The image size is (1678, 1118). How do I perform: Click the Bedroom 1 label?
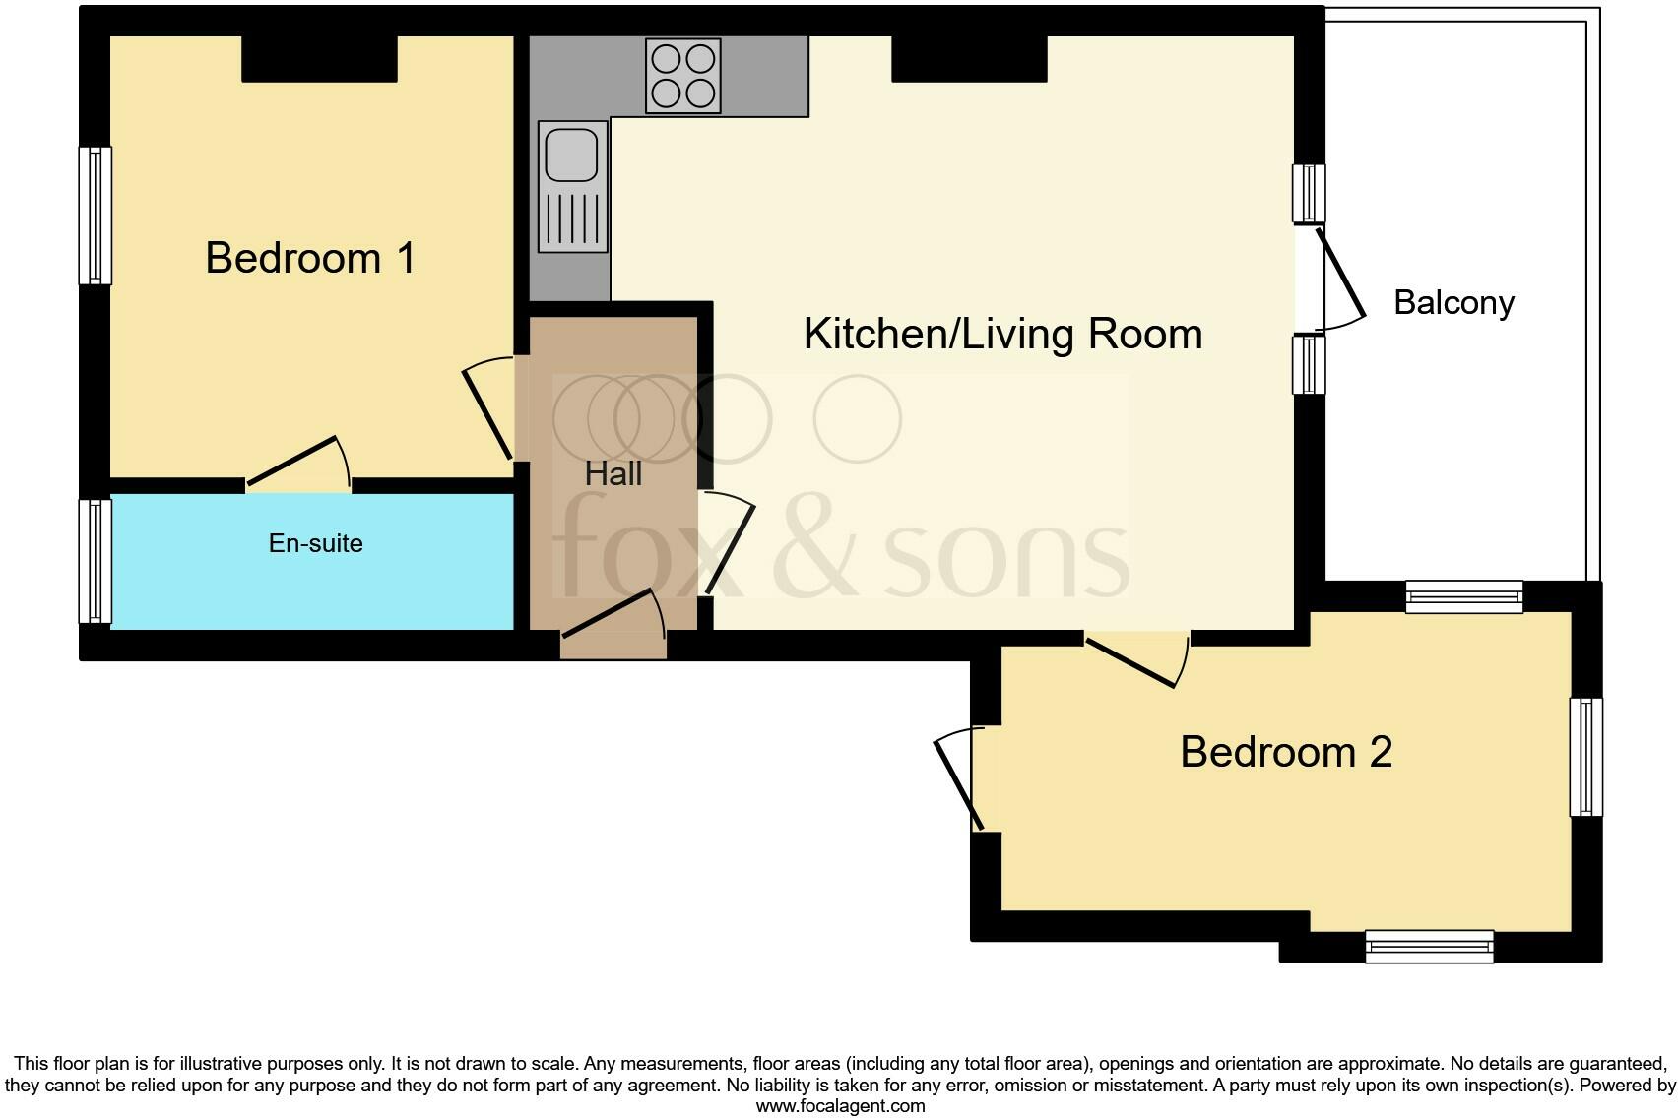(310, 258)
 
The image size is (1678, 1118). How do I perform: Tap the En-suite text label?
(315, 543)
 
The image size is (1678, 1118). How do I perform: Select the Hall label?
(613, 474)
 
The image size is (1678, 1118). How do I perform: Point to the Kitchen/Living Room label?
(1002, 335)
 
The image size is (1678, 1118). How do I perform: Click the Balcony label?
(1453, 302)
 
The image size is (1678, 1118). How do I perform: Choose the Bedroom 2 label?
(1285, 752)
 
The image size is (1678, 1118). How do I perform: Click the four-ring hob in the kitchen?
(682, 76)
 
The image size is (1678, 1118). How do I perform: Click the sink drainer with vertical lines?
(572, 219)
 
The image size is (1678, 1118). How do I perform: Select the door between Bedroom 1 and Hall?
(488, 413)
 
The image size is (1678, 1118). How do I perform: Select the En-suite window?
(95, 561)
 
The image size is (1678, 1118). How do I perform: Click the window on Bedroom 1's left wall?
(95, 216)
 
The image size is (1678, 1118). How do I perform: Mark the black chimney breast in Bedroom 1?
(319, 59)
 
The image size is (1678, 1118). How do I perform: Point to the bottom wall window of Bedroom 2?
(1429, 946)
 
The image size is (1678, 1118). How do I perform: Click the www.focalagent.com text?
(840, 1106)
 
